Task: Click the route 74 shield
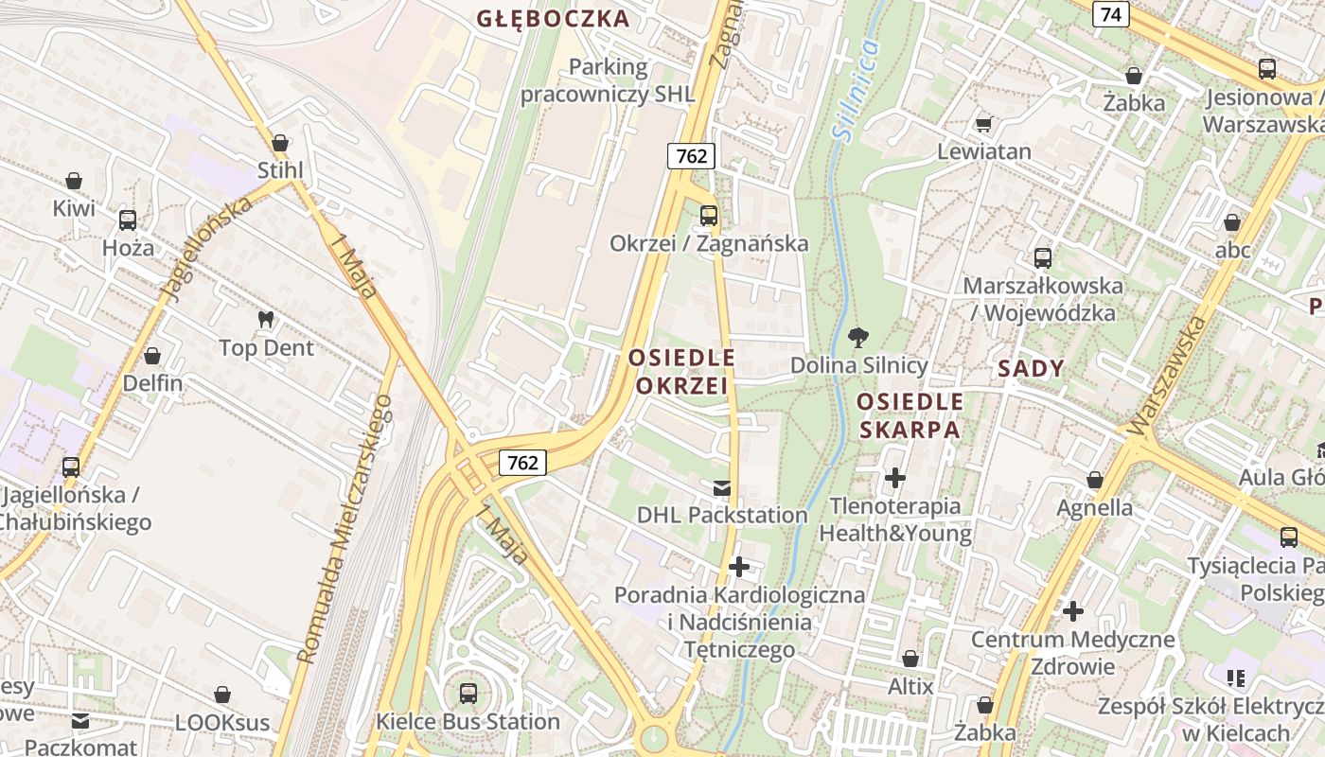coord(1110,14)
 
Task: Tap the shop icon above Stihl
coord(279,143)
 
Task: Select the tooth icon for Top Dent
coord(266,320)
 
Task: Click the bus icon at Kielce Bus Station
coord(468,694)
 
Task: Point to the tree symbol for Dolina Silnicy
coord(858,337)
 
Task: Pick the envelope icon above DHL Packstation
coord(722,488)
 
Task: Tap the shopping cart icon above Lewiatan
coord(984,124)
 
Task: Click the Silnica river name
coord(857,91)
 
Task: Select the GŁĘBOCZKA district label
coord(553,19)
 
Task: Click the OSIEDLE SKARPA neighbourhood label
coord(910,415)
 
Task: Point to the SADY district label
coord(1031,369)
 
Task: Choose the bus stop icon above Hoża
coord(128,220)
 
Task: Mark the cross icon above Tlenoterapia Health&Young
coord(894,478)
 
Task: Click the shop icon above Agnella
coord(1095,481)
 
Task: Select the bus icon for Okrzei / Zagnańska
coord(709,216)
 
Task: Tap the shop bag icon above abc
coord(1232,223)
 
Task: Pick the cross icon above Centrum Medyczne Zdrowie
coord(1072,611)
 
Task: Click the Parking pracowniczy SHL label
coord(608,80)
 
